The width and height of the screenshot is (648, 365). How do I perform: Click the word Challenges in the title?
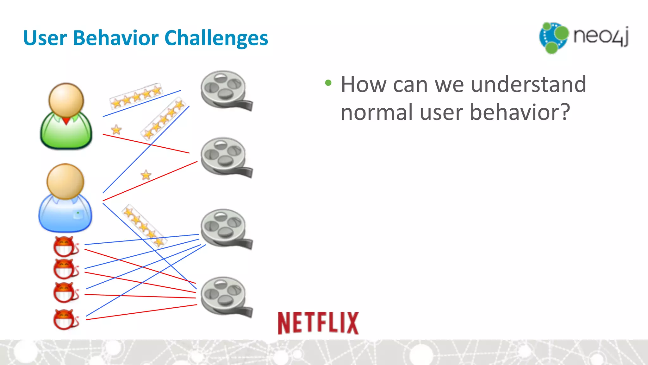pos(216,38)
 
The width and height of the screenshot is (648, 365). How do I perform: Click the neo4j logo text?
pos(601,36)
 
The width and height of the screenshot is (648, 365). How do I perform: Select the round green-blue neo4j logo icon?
pos(554,37)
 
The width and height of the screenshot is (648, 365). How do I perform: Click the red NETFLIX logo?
pos(318,323)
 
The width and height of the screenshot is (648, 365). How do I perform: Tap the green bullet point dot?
pos(328,83)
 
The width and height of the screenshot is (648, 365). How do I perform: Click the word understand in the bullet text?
pos(528,85)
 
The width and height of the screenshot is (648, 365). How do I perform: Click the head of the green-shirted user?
pos(66,100)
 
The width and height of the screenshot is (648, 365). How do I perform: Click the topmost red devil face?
pos(65,246)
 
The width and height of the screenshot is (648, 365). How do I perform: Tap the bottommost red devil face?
pos(65,319)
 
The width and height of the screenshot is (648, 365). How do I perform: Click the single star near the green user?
pos(116,130)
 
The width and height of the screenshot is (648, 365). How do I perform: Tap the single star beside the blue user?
pos(146,175)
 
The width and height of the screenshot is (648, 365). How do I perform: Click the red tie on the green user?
pos(66,121)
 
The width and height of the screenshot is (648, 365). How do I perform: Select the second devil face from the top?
pos(65,269)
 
